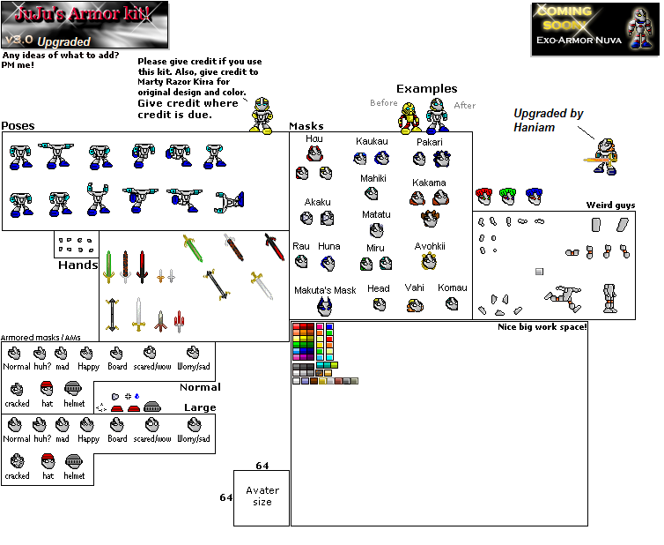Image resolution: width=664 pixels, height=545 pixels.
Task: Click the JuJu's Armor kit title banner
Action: click(85, 24)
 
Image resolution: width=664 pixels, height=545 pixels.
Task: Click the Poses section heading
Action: click(18, 126)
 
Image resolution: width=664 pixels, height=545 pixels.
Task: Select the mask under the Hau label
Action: click(314, 155)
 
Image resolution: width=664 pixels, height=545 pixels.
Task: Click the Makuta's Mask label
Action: click(325, 290)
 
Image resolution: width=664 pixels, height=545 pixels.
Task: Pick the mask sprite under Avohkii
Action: click(429, 261)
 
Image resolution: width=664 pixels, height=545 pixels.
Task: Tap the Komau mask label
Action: click(453, 287)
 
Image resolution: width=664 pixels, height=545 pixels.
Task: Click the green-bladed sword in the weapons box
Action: click(194, 249)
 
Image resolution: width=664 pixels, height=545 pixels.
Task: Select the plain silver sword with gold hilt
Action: click(138, 314)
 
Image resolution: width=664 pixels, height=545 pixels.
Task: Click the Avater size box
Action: click(262, 496)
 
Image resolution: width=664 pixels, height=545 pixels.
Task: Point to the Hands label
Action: click(77, 265)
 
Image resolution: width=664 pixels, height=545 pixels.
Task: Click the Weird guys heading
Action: click(610, 205)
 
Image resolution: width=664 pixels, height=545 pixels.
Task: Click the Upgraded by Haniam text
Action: click(549, 121)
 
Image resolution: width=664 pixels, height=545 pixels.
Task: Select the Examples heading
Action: click(426, 88)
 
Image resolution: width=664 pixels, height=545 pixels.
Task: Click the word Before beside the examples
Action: click(383, 102)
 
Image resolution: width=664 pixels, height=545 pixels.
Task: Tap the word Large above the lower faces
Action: click(200, 407)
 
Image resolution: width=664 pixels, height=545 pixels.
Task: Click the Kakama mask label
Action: click(429, 183)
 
